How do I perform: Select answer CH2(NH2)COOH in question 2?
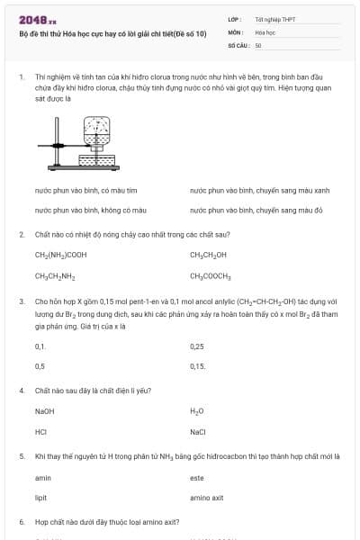click(x=60, y=255)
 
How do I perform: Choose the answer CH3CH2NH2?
click(x=54, y=275)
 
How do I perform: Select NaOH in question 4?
click(x=45, y=411)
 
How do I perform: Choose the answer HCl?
click(x=40, y=432)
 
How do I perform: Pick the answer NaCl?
click(x=198, y=432)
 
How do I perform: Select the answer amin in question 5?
click(x=42, y=478)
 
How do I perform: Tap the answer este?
click(x=197, y=478)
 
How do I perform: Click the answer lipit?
click(x=40, y=498)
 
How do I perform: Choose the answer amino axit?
click(x=206, y=498)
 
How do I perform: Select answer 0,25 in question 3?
click(x=197, y=346)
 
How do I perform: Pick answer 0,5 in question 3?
click(x=40, y=366)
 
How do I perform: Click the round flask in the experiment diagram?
click(x=94, y=131)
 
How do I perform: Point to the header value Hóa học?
click(x=265, y=31)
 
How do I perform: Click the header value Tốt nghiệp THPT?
click(x=274, y=19)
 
